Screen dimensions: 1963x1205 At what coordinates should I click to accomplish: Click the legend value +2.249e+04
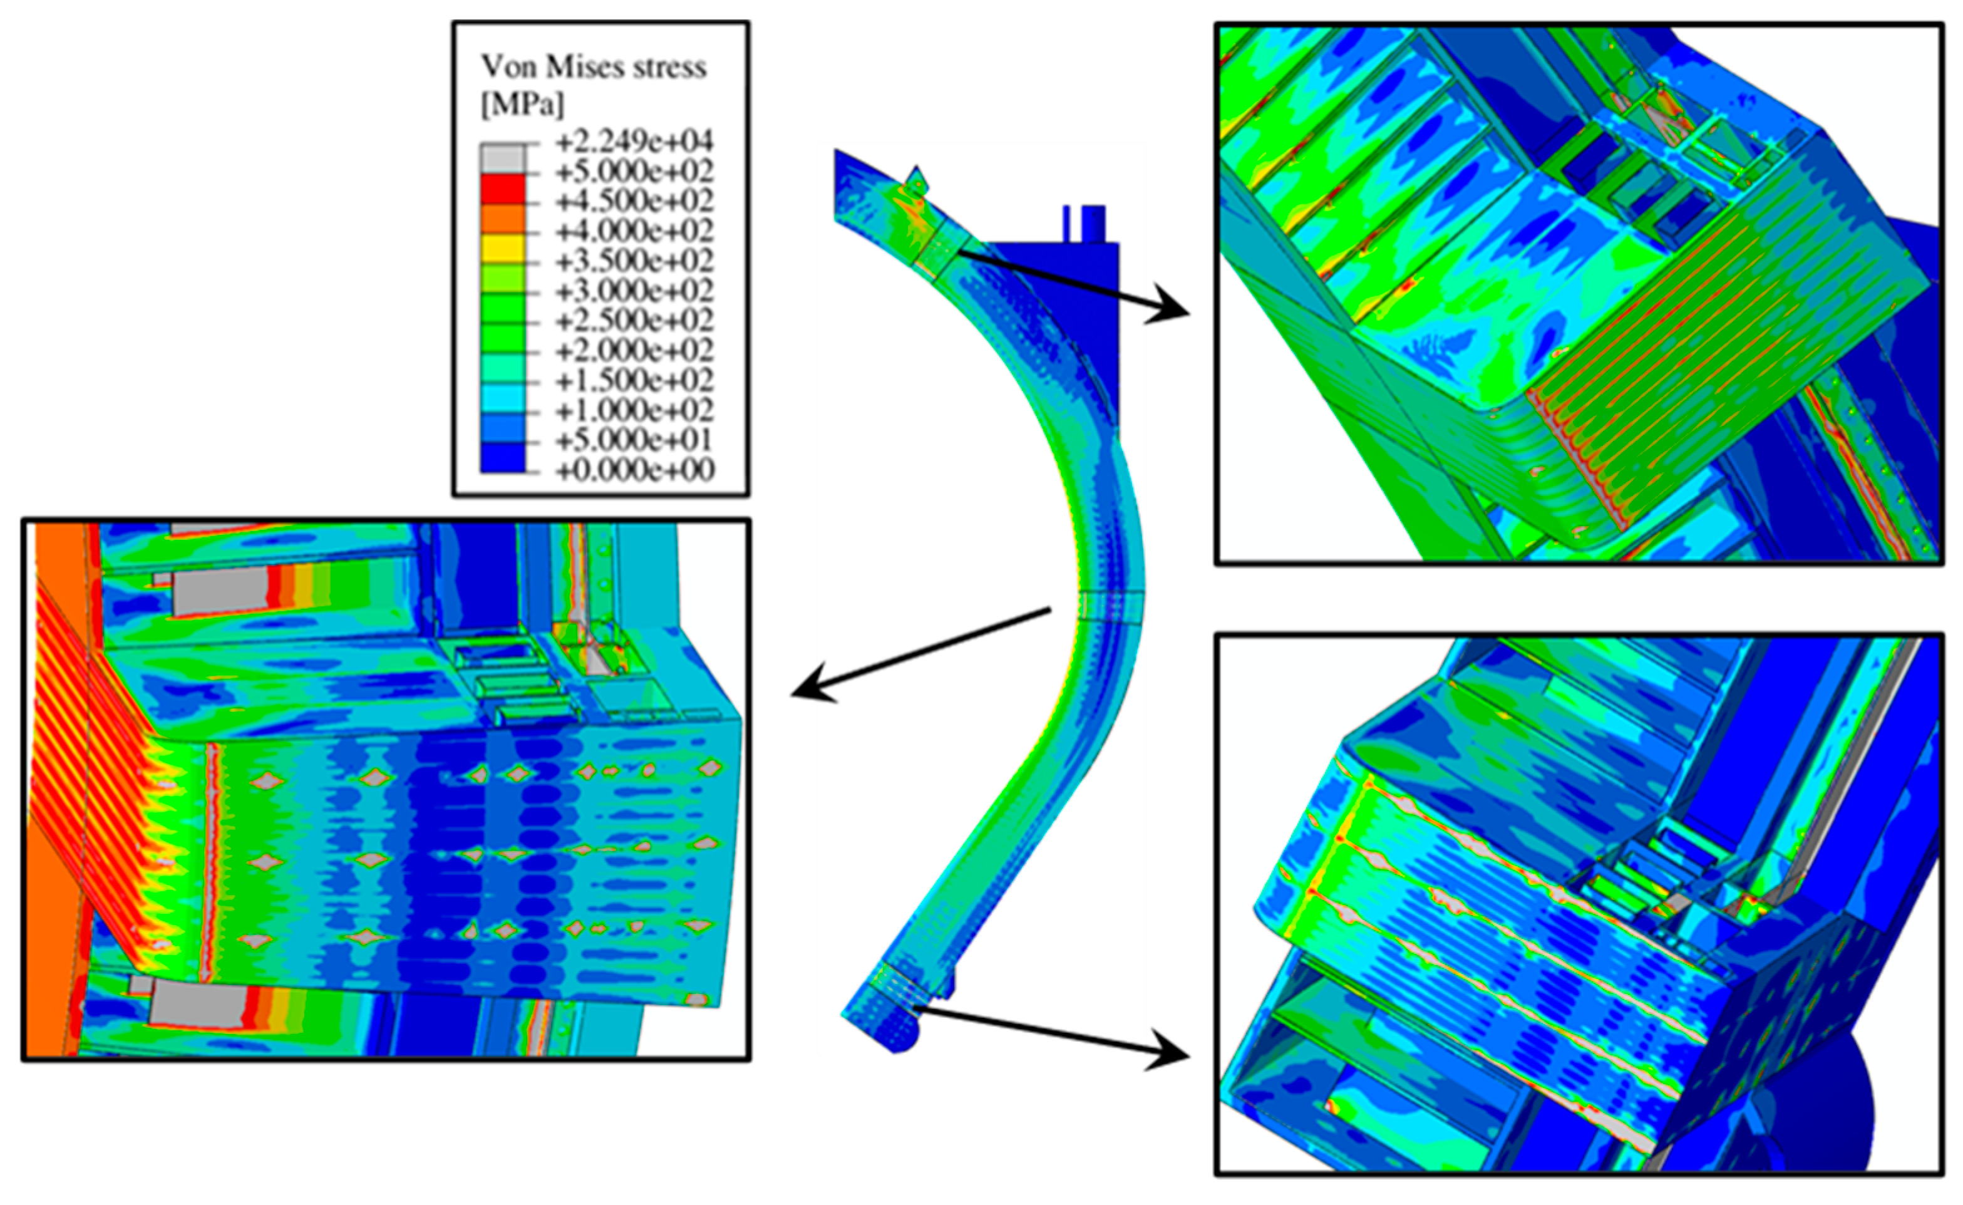tap(635, 143)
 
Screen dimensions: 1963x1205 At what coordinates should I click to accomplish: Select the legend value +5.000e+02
tap(635, 172)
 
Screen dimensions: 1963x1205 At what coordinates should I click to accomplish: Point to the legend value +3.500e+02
tap(635, 261)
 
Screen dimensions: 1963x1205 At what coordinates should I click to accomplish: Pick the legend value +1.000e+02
tap(635, 410)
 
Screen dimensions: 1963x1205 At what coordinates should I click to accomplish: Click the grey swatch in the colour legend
tap(503, 158)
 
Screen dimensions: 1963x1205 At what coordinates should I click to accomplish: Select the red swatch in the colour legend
tap(503, 188)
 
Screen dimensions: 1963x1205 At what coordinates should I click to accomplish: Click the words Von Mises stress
tap(594, 67)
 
